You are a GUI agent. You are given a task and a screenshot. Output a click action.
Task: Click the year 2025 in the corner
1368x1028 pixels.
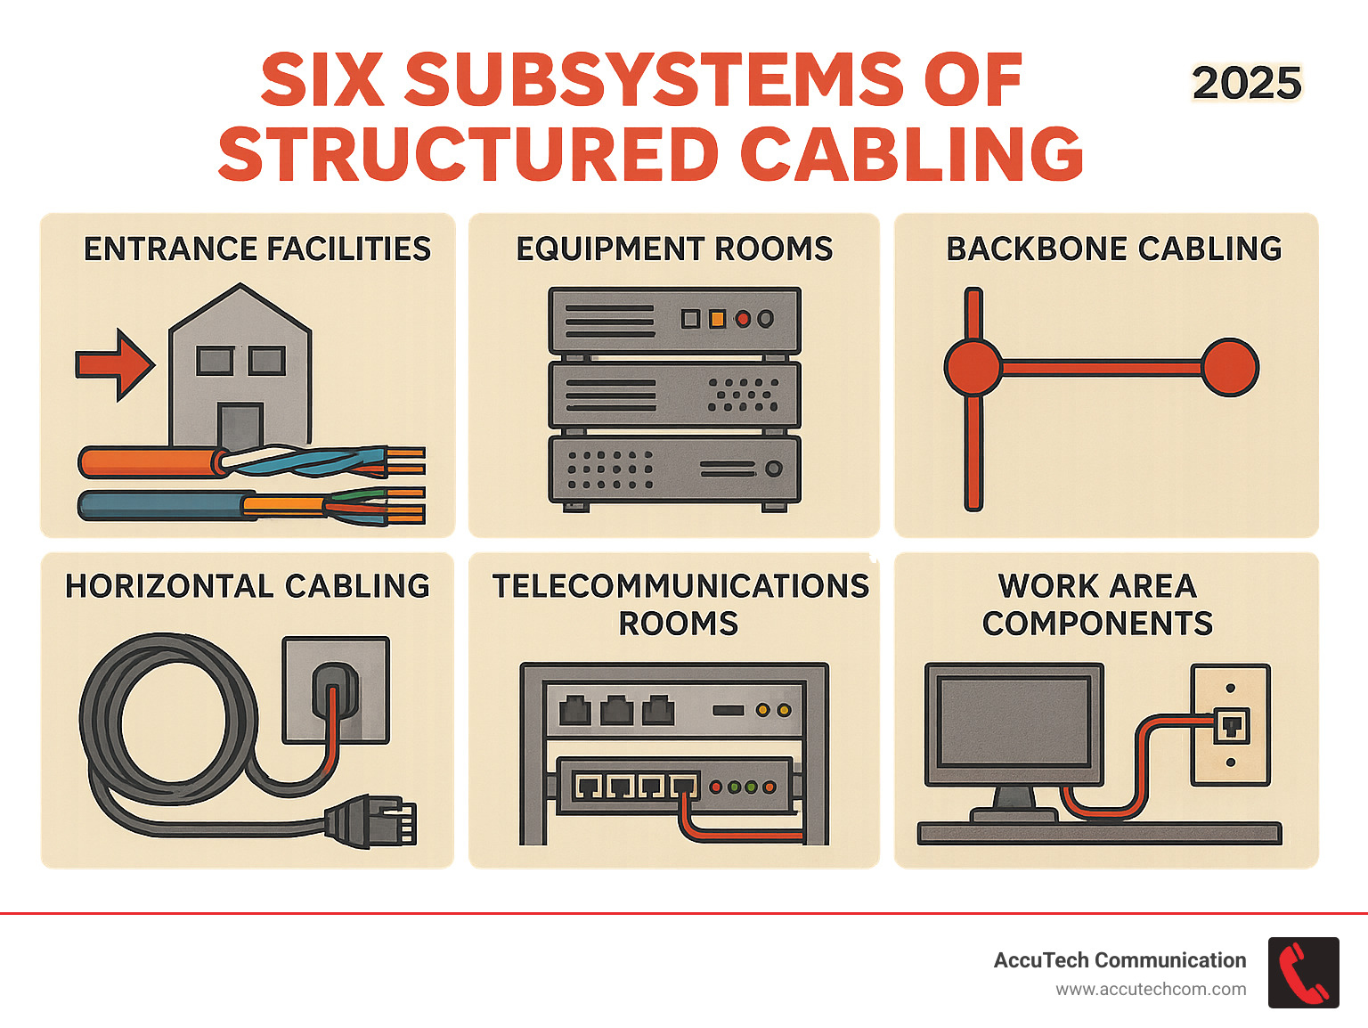point(1246,84)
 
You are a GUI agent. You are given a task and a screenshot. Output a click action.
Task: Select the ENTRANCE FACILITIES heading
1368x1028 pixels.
point(256,249)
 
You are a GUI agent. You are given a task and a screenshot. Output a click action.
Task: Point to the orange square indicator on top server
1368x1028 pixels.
point(716,319)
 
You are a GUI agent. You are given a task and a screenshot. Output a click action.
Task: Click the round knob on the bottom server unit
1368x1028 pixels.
point(774,469)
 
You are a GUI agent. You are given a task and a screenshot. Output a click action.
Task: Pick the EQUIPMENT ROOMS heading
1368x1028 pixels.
point(674,249)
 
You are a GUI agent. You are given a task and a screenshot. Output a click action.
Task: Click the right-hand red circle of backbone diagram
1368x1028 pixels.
point(1230,367)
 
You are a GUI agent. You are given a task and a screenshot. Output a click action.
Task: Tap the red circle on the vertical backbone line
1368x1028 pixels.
point(973,367)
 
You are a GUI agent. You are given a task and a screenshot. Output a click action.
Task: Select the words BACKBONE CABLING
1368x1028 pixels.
point(1113,249)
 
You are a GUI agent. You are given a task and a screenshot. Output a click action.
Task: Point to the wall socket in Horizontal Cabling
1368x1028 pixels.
point(336,689)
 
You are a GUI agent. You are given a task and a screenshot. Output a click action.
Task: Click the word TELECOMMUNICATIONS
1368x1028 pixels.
point(680,586)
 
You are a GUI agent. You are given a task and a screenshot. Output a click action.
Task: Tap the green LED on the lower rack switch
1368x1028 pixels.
point(735,787)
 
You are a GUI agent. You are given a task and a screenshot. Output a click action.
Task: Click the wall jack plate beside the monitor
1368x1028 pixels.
point(1231,724)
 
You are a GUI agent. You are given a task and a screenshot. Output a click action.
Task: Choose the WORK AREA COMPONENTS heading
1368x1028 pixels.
point(1097,605)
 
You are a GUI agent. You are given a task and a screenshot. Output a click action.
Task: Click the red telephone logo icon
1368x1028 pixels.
point(1303,973)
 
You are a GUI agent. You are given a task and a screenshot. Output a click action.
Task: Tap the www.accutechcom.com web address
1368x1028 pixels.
point(1151,990)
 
